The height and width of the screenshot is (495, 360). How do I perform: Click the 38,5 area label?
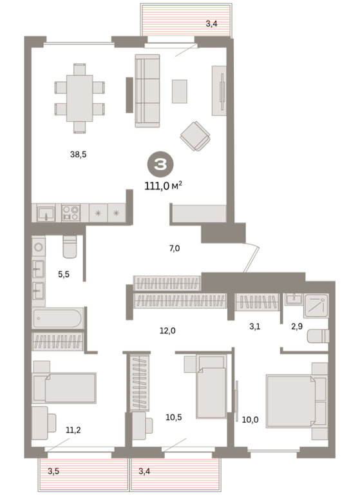coord(79,155)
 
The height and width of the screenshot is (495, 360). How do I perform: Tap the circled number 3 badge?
coord(160,164)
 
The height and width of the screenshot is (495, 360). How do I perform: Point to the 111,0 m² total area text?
coord(164,186)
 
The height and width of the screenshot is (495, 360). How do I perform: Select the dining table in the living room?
coord(79,98)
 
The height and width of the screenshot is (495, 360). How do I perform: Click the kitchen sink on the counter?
coord(46,213)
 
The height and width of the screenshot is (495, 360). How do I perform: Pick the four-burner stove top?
coord(71,213)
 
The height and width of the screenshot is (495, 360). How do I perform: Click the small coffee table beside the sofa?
coord(180,92)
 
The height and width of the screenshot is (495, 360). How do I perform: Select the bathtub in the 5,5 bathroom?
coord(58,318)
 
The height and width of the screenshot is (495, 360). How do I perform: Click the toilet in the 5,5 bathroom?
coord(70,247)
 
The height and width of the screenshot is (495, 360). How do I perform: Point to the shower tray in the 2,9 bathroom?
coord(316,306)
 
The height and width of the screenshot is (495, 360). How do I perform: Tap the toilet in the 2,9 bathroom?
coord(318,336)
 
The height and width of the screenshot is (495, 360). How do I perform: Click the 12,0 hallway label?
coord(167,331)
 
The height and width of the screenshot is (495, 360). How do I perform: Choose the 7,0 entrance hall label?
coord(175,248)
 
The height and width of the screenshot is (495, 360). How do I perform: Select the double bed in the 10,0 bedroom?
coord(290,401)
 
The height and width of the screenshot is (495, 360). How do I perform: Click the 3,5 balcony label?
coord(53,471)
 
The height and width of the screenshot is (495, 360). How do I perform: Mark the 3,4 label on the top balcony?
coord(211,24)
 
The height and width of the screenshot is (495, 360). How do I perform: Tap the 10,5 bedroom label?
coord(174,418)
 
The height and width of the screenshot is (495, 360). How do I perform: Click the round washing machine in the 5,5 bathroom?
coord(39,247)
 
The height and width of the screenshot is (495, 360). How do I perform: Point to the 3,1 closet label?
coord(254,326)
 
